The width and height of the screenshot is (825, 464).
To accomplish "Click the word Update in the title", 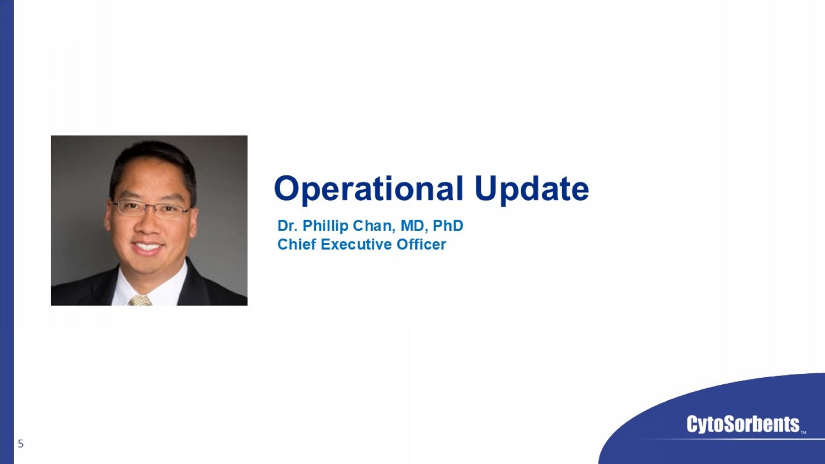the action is click(532, 189).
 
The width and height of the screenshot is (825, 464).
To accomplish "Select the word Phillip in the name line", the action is click(326, 227).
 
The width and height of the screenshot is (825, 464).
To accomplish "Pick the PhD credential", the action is click(448, 226).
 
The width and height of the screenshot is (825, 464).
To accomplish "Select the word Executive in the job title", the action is click(356, 244).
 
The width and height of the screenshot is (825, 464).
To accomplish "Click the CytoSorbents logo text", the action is click(743, 424).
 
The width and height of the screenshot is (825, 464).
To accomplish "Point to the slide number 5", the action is click(21, 444).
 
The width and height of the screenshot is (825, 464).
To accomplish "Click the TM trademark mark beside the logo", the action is click(804, 432).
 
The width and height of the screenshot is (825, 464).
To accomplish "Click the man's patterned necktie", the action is click(140, 300).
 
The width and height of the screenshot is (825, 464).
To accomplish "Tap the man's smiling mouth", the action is click(147, 246).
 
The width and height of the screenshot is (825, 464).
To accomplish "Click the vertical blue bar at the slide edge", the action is click(7, 232).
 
